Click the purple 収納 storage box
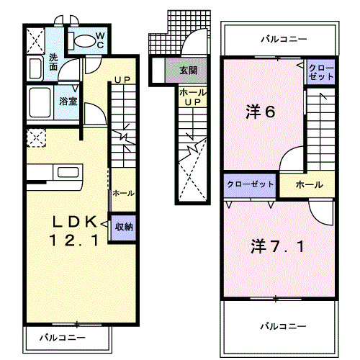tap(123, 227)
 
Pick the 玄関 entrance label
tap(188, 71)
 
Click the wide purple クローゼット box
tap(250, 185)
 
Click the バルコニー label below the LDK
tap(62, 336)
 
